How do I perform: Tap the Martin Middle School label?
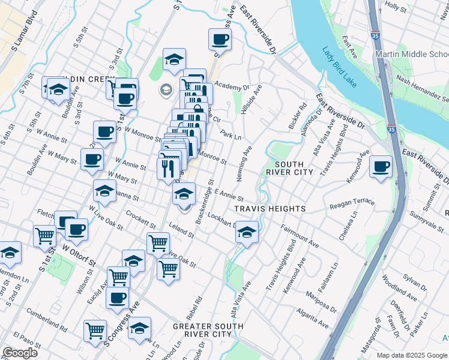[411, 55]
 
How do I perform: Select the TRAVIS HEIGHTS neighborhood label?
[270, 209]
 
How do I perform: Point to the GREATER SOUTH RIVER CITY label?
[208, 330]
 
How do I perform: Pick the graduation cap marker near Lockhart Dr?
[246, 232]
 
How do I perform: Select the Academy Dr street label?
[231, 86]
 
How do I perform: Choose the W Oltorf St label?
[78, 254]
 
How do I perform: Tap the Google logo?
[19, 353]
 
